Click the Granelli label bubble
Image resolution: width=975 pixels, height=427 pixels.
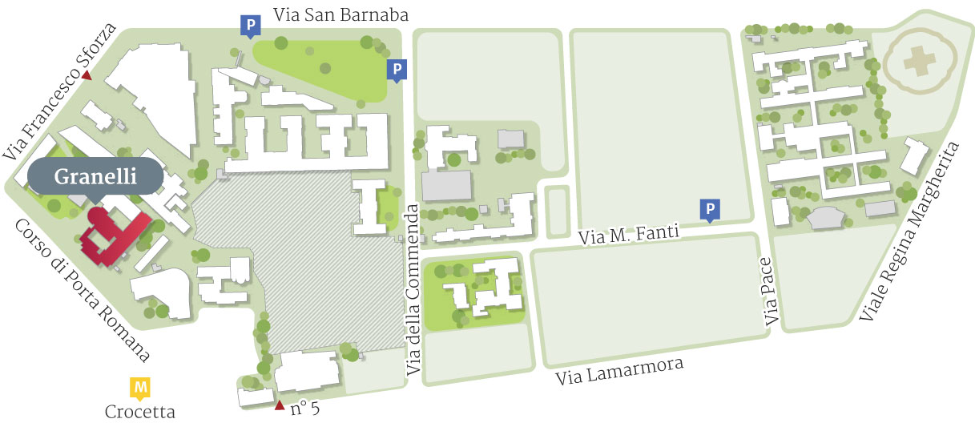(x=95, y=177)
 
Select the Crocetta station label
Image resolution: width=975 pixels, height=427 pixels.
(x=140, y=413)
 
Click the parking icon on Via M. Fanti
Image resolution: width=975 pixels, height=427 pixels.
(x=710, y=210)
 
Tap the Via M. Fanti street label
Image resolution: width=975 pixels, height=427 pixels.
(x=628, y=233)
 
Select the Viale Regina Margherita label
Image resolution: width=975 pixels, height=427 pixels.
(x=909, y=232)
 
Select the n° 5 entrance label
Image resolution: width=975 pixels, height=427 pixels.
(x=305, y=409)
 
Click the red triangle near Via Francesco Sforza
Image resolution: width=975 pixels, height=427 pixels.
(x=86, y=76)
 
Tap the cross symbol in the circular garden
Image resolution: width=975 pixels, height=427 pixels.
(x=914, y=61)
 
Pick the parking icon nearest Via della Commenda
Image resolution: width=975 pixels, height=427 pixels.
(x=396, y=70)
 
